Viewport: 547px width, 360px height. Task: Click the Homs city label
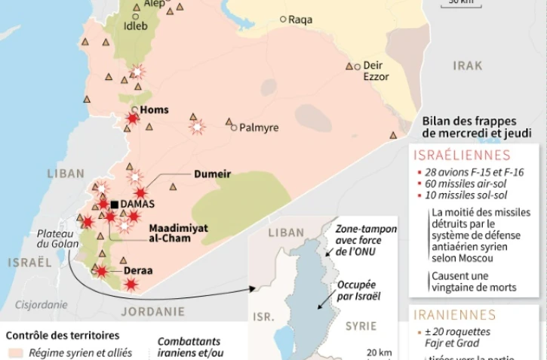pos(155,110)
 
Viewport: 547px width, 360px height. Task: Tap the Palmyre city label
pos(259,128)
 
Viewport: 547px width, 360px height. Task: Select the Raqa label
pos(300,20)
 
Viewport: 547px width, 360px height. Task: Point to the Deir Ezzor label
pos(376,71)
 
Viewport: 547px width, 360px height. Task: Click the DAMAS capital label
pos(137,205)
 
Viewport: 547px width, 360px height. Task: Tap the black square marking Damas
pos(115,205)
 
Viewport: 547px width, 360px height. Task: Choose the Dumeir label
pos(212,174)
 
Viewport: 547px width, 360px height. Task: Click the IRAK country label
pos(467,66)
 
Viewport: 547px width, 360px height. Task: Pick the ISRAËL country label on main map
pos(29,262)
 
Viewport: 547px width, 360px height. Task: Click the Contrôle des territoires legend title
pos(63,335)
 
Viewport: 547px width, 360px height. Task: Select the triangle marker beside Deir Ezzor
pos(350,66)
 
